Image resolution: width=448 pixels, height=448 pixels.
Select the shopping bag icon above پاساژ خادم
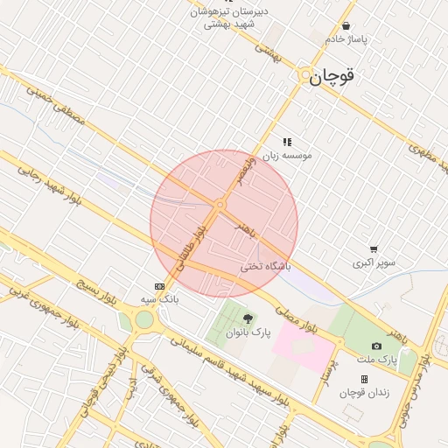click(347, 26)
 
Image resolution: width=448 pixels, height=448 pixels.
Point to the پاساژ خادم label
click(347, 39)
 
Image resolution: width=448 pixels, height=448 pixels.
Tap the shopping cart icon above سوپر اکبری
click(374, 249)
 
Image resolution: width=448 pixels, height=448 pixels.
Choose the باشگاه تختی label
click(265, 266)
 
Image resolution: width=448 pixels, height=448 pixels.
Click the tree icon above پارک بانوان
click(248, 319)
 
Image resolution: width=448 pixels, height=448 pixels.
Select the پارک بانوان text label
click(248, 333)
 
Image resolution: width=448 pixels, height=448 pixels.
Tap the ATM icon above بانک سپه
click(159, 286)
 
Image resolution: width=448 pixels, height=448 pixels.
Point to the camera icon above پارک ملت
click(376, 346)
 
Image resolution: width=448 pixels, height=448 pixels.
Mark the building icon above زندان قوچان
click(364, 380)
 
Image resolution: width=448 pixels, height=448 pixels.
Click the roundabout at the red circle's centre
click(220, 206)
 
